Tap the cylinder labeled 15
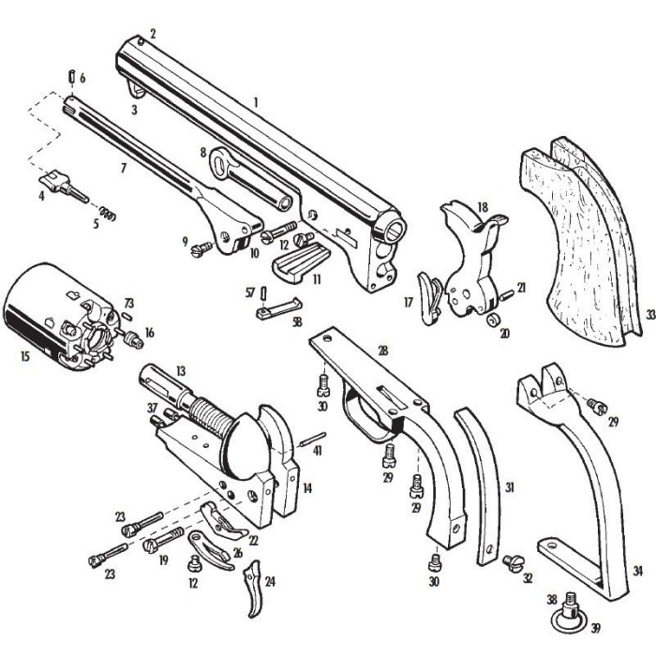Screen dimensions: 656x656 point(52,314)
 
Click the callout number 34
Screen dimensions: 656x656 point(637,570)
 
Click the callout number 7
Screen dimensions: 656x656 point(123,169)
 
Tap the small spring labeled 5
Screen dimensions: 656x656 point(110,215)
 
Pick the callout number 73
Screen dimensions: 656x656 point(129,305)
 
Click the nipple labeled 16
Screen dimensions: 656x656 point(135,335)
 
